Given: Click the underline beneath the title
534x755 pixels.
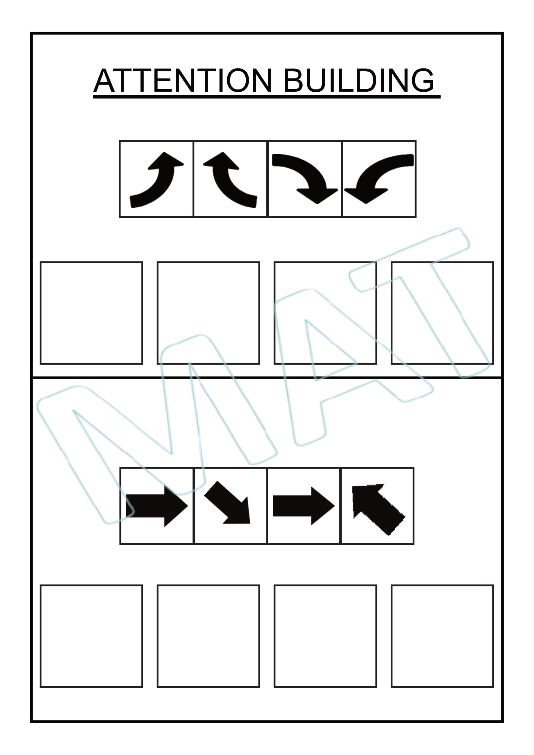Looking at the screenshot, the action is pyautogui.click(x=267, y=97).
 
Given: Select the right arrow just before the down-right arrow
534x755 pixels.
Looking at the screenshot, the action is pyautogui.click(x=157, y=506).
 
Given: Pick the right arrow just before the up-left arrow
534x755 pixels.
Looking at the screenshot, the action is pyautogui.click(x=304, y=506).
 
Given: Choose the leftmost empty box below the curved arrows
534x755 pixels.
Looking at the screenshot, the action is pyautogui.click(x=91, y=313).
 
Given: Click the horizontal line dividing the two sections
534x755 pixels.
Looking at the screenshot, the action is pyautogui.click(x=267, y=378).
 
